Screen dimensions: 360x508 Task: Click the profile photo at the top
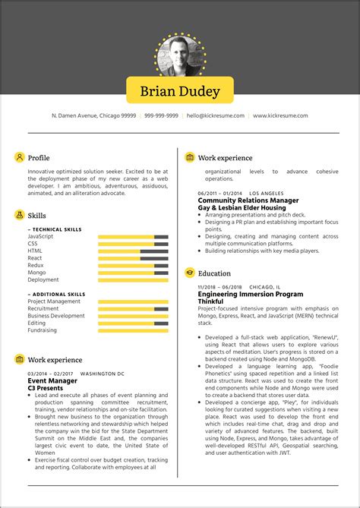click(x=180, y=55)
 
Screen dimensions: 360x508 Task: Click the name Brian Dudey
click(x=180, y=91)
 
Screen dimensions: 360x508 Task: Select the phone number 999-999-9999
click(x=161, y=115)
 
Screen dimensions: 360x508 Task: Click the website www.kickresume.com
click(x=280, y=115)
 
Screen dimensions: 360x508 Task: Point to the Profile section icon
click(x=19, y=157)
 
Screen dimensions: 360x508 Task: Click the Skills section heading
click(x=37, y=216)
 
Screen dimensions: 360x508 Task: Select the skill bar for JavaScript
click(x=133, y=237)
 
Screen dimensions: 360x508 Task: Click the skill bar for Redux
click(x=133, y=265)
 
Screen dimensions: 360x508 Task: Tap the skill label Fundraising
click(x=43, y=330)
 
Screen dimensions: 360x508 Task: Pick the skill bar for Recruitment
click(x=133, y=309)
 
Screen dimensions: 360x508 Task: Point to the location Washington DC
click(x=102, y=374)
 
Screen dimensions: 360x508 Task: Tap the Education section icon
click(x=189, y=273)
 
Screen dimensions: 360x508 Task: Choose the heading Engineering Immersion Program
click(x=250, y=294)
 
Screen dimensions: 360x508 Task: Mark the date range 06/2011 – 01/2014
click(x=219, y=193)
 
